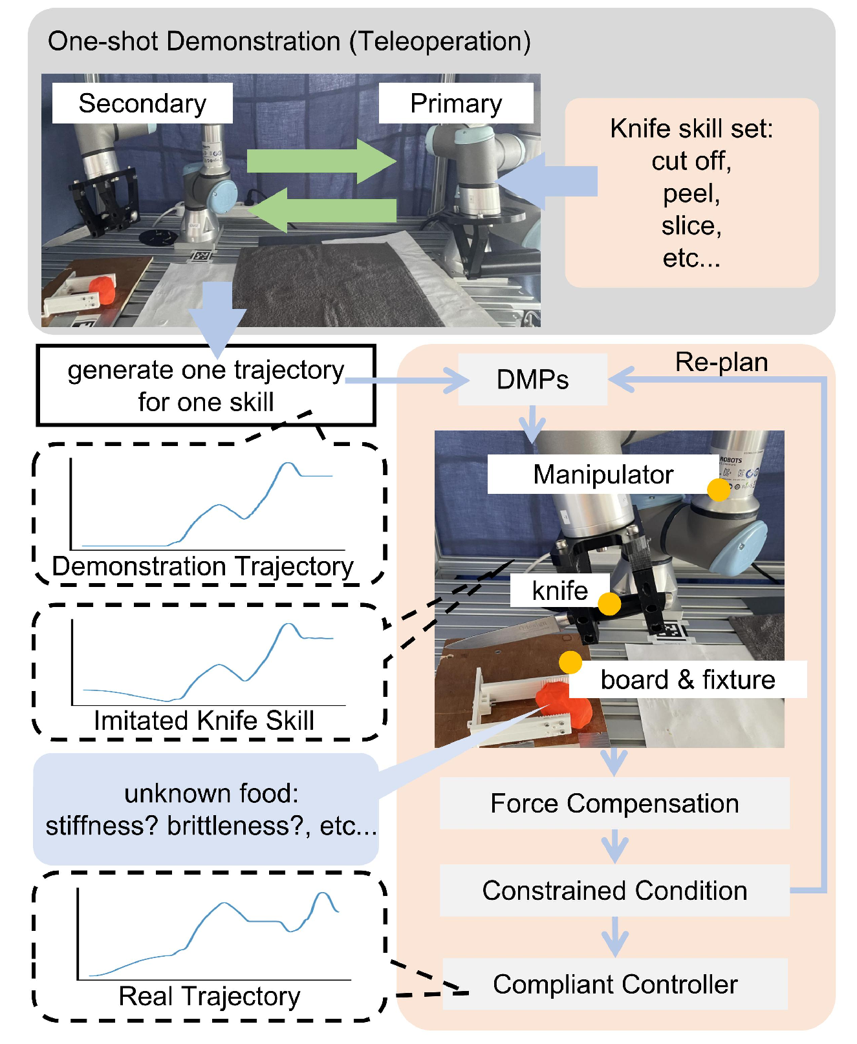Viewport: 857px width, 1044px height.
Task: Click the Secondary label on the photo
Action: [x=142, y=103]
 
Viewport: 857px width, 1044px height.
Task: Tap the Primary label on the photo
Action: [x=456, y=103]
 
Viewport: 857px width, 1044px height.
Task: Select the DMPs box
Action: [x=532, y=379]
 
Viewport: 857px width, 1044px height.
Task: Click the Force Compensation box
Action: [x=614, y=804]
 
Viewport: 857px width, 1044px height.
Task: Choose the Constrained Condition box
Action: [x=614, y=890]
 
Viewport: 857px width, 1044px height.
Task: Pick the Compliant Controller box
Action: [x=614, y=984]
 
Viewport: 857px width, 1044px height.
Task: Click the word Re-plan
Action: [x=721, y=362]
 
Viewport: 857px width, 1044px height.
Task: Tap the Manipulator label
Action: [x=603, y=474]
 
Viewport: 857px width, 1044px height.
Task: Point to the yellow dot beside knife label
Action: [x=609, y=604]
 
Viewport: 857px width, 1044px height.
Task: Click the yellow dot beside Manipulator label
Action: [x=719, y=489]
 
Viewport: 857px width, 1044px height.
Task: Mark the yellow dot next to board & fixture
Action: [x=570, y=662]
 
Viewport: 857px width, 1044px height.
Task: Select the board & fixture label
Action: [x=688, y=679]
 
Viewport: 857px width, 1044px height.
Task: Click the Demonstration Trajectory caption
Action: [x=202, y=566]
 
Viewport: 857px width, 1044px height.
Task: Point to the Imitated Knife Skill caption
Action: [x=204, y=721]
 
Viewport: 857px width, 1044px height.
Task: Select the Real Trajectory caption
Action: [x=209, y=996]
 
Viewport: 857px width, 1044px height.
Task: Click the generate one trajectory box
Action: [x=206, y=386]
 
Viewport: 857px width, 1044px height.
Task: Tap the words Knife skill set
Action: [x=691, y=129]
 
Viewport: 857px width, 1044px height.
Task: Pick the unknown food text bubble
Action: [x=206, y=809]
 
